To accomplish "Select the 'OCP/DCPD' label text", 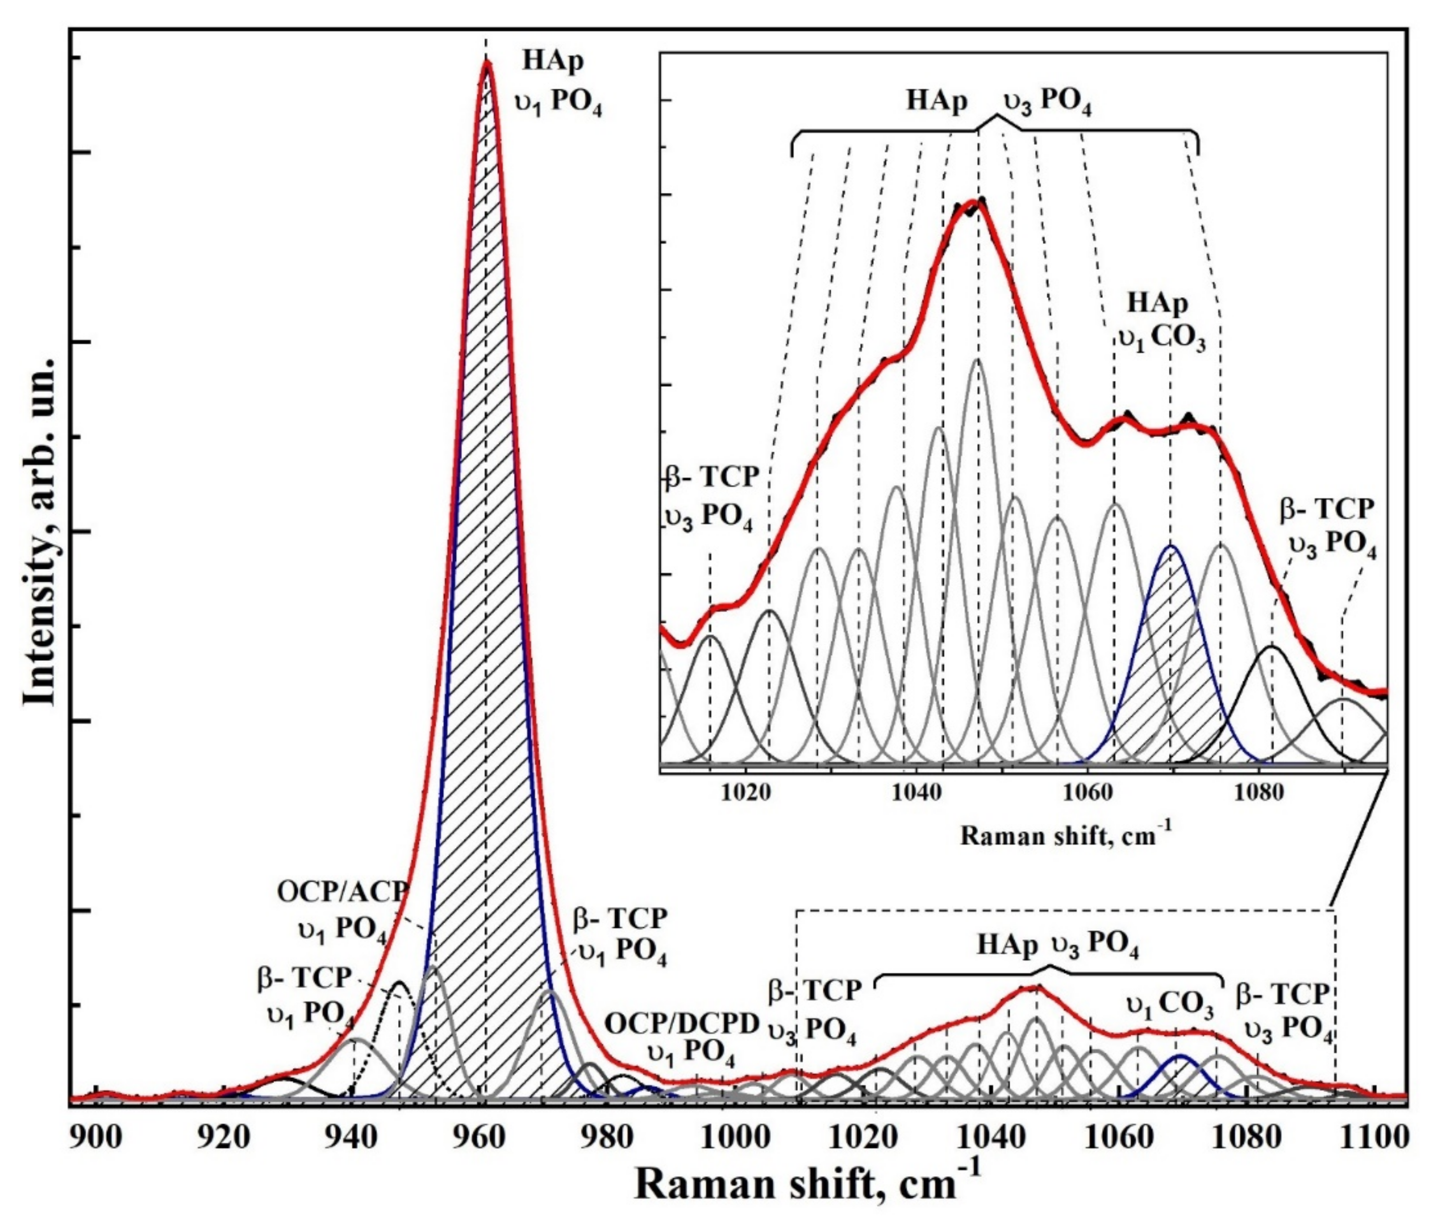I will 682,1024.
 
